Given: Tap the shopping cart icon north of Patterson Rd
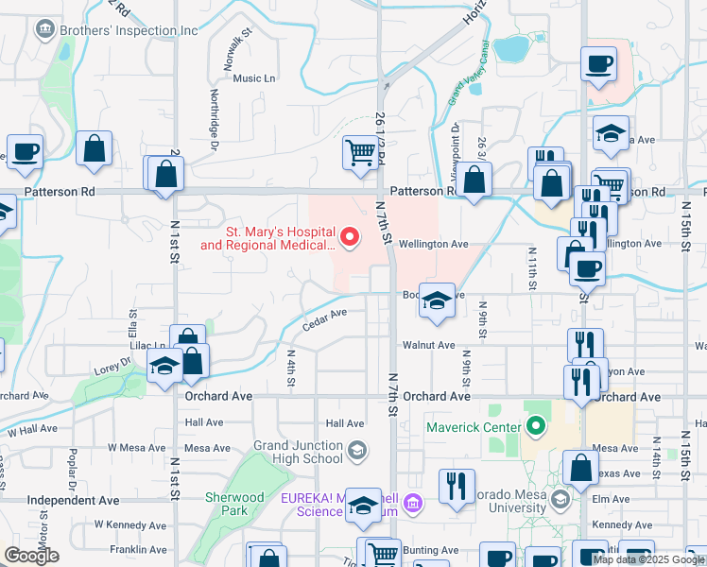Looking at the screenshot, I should point(360,153).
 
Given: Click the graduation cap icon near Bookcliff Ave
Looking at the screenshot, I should point(436,301).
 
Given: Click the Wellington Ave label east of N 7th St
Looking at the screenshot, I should point(434,244).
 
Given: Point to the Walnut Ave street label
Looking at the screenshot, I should point(428,345).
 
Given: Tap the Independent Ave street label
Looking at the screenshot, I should point(74,500).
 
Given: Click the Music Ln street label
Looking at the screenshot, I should point(253,78).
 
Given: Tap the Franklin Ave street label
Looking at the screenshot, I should point(138,549).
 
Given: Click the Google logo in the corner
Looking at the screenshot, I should point(32,556).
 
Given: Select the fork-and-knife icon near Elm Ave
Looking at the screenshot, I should point(457,486).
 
